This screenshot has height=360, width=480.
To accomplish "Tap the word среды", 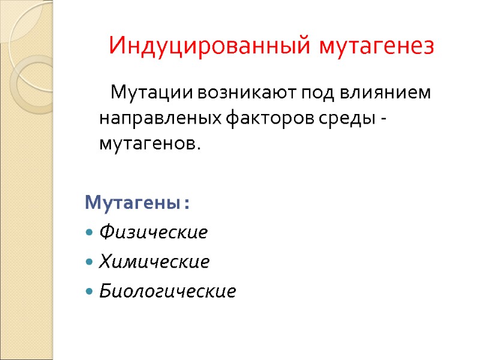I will (x=343, y=119).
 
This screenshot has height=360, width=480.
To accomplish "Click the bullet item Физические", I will (x=154, y=232).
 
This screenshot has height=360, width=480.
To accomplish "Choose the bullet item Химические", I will (x=154, y=262).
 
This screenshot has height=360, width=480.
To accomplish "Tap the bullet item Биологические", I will (x=167, y=292).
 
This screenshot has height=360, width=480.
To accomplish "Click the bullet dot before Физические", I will (x=89, y=232).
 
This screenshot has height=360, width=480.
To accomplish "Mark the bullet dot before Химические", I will (x=89, y=262).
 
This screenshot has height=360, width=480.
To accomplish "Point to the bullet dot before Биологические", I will (x=89, y=292).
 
